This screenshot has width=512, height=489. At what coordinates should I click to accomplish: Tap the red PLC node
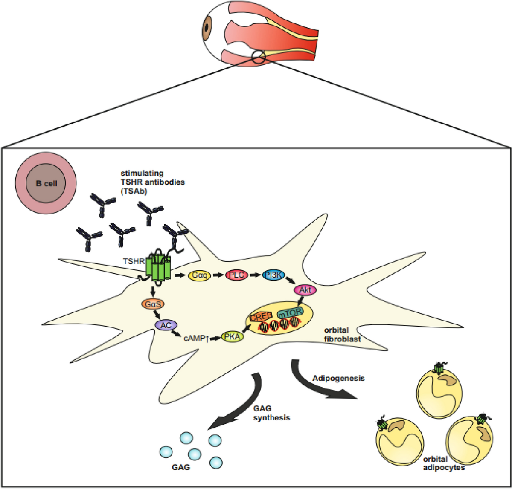click(236, 275)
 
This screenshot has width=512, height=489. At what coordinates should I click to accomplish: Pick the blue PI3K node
click(273, 275)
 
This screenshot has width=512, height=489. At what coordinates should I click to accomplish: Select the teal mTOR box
click(292, 315)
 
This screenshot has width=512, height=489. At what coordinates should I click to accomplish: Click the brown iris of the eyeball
click(207, 27)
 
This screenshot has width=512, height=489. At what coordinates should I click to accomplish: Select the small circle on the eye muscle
click(259, 57)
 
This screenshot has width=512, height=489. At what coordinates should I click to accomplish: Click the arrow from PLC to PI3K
click(255, 275)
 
